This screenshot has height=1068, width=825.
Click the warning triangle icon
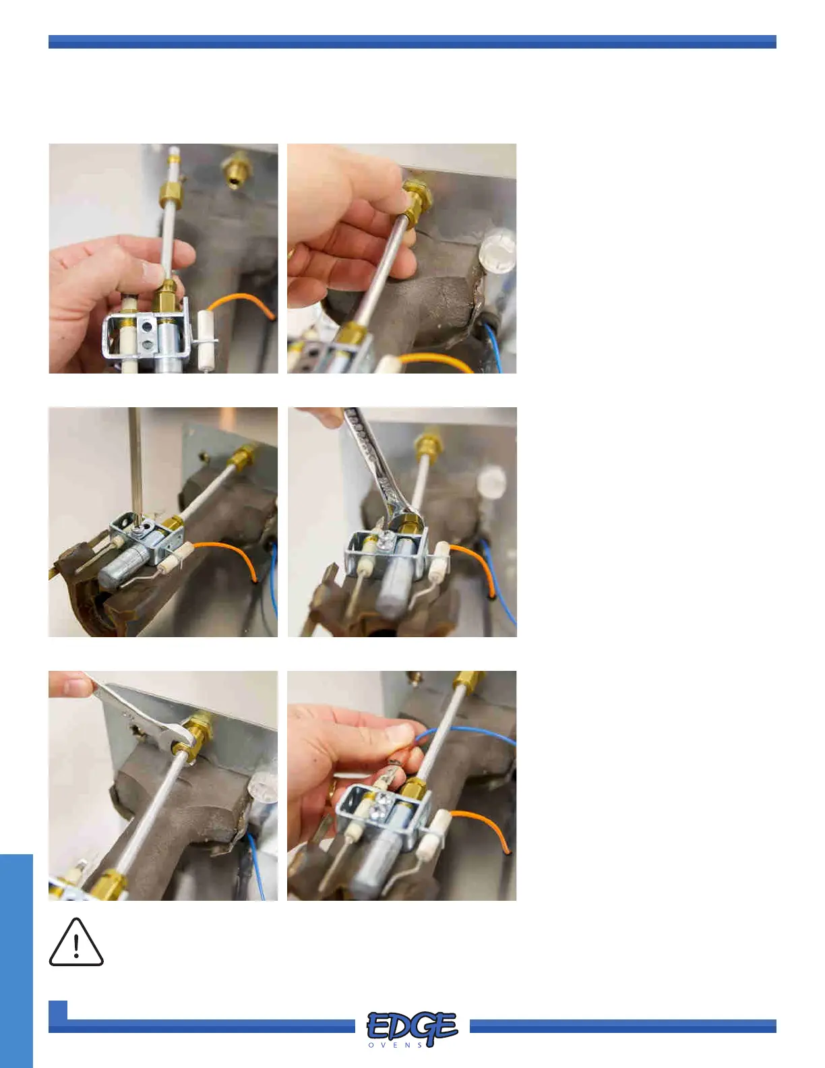(76, 942)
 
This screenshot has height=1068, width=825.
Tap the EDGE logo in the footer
(413, 1026)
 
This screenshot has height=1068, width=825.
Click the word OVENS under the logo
(396, 1045)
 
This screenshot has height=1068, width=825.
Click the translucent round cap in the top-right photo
(498, 255)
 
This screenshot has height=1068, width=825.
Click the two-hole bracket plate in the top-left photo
(146, 336)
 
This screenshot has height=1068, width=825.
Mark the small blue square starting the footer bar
(58, 1011)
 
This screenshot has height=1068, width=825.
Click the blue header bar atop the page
(413, 42)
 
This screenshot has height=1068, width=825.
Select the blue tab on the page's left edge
(16, 961)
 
